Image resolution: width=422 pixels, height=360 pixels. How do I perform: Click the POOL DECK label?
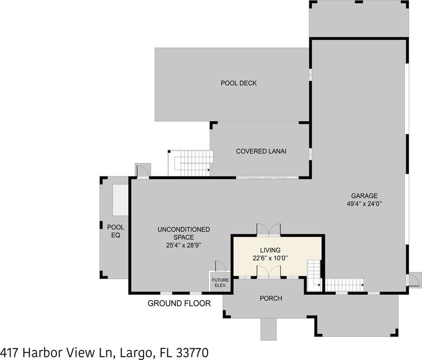[x=239, y=83]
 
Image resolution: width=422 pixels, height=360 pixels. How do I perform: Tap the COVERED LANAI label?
[x=261, y=151]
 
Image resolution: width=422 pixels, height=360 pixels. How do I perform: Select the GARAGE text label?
[x=364, y=196]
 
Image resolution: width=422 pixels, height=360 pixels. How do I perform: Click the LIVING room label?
[x=270, y=250]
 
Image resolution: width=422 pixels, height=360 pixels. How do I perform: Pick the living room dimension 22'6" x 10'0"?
[x=270, y=258]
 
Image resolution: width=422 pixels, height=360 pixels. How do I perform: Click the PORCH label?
[x=271, y=298]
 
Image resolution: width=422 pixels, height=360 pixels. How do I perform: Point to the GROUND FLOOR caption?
[x=179, y=303]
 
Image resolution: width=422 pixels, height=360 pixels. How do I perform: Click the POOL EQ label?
[x=116, y=231]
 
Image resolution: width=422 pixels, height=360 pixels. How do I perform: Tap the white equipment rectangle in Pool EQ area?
[x=121, y=200]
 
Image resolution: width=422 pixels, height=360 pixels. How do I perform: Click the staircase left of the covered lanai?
[x=191, y=162]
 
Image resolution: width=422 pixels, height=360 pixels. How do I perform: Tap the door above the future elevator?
[x=220, y=266]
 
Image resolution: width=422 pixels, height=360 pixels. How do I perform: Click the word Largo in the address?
[x=134, y=352]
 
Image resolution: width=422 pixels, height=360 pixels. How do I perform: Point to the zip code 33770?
[x=190, y=352]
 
